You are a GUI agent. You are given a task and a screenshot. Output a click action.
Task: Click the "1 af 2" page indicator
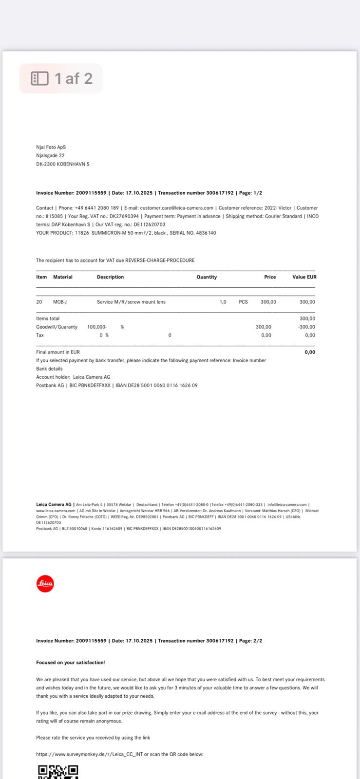[x=73, y=78]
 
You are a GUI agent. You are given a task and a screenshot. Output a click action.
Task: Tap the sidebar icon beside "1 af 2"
[x=39, y=78]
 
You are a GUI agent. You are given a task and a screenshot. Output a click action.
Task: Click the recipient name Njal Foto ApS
[x=51, y=147]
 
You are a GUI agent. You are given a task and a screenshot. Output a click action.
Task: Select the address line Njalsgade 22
[x=50, y=155]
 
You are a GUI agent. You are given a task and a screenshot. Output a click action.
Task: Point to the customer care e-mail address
[x=176, y=208]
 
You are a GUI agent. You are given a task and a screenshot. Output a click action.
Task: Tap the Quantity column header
[x=207, y=277]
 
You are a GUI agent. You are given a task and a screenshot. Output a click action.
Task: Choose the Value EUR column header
[x=304, y=277]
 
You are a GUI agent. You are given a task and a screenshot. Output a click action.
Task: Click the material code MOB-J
[x=60, y=302]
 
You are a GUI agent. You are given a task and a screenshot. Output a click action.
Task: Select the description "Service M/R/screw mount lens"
[x=131, y=302]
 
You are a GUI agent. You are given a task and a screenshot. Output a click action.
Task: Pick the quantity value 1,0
[x=223, y=302]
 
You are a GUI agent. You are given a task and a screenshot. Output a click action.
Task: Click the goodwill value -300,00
[x=306, y=327]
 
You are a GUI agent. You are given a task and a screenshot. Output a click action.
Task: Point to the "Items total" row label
[x=48, y=318]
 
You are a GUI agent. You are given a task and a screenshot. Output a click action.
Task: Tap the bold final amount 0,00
[x=310, y=352]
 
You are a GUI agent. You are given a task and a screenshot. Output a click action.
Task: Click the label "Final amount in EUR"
[x=58, y=352]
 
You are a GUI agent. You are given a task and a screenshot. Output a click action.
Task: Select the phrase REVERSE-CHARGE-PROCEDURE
[x=160, y=260]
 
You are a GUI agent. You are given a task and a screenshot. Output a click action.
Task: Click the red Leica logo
[x=45, y=583]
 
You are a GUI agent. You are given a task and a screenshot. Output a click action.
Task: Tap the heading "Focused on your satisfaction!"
[x=70, y=663]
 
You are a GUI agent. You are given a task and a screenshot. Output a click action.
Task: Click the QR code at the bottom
[x=58, y=772]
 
